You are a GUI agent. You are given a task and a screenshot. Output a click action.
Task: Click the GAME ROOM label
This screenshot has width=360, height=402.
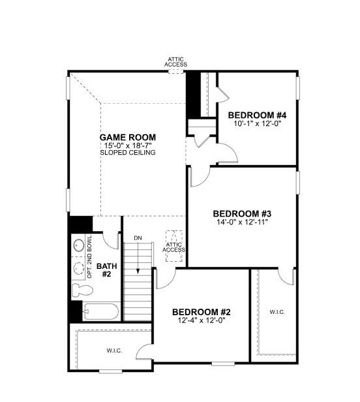[128, 138]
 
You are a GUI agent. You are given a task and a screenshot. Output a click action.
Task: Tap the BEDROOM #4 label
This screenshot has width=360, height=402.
[257, 115]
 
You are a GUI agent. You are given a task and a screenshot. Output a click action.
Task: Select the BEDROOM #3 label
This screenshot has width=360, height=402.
[242, 213]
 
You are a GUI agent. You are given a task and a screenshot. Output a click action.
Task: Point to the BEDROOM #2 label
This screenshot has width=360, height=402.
[202, 312]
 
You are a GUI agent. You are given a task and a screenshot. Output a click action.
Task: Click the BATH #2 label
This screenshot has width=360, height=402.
[106, 270]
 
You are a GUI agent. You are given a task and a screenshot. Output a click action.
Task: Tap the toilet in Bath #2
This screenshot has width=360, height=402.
[82, 290]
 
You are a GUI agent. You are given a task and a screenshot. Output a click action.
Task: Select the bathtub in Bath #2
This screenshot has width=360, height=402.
[101, 311]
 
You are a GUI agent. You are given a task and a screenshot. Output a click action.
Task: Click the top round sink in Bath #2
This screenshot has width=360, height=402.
[78, 245]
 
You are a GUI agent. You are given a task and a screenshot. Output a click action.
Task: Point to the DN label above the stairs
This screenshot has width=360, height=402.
[138, 238]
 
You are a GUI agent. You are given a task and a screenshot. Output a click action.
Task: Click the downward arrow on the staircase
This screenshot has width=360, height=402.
[138, 258]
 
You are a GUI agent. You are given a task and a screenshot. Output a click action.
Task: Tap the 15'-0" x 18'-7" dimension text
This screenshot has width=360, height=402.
[128, 146]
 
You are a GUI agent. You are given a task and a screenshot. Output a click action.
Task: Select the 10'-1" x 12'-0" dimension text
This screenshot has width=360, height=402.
[258, 123]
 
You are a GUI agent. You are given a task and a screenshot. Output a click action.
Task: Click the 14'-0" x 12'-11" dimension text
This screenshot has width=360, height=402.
[242, 222]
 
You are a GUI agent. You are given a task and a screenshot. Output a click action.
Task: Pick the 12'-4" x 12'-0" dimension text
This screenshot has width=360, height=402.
[202, 320]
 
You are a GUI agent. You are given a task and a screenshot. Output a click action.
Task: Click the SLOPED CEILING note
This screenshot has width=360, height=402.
[128, 153]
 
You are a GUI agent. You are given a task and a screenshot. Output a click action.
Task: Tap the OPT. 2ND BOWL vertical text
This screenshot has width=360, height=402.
[89, 256]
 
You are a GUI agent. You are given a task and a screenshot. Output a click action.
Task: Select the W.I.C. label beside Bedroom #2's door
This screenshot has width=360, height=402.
[114, 350]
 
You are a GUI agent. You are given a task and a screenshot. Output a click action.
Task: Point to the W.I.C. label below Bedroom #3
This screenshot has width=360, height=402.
[277, 312]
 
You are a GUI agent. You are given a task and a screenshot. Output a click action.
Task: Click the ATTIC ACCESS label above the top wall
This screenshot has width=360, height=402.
[176, 62]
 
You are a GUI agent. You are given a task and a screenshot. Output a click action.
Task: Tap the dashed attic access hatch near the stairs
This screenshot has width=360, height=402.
[174, 246]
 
